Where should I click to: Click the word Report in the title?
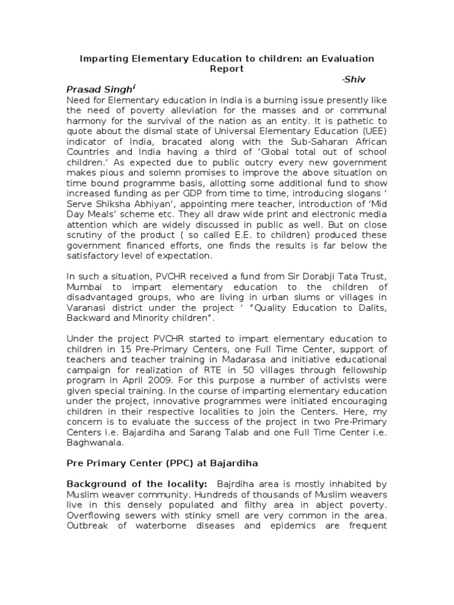227,69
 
